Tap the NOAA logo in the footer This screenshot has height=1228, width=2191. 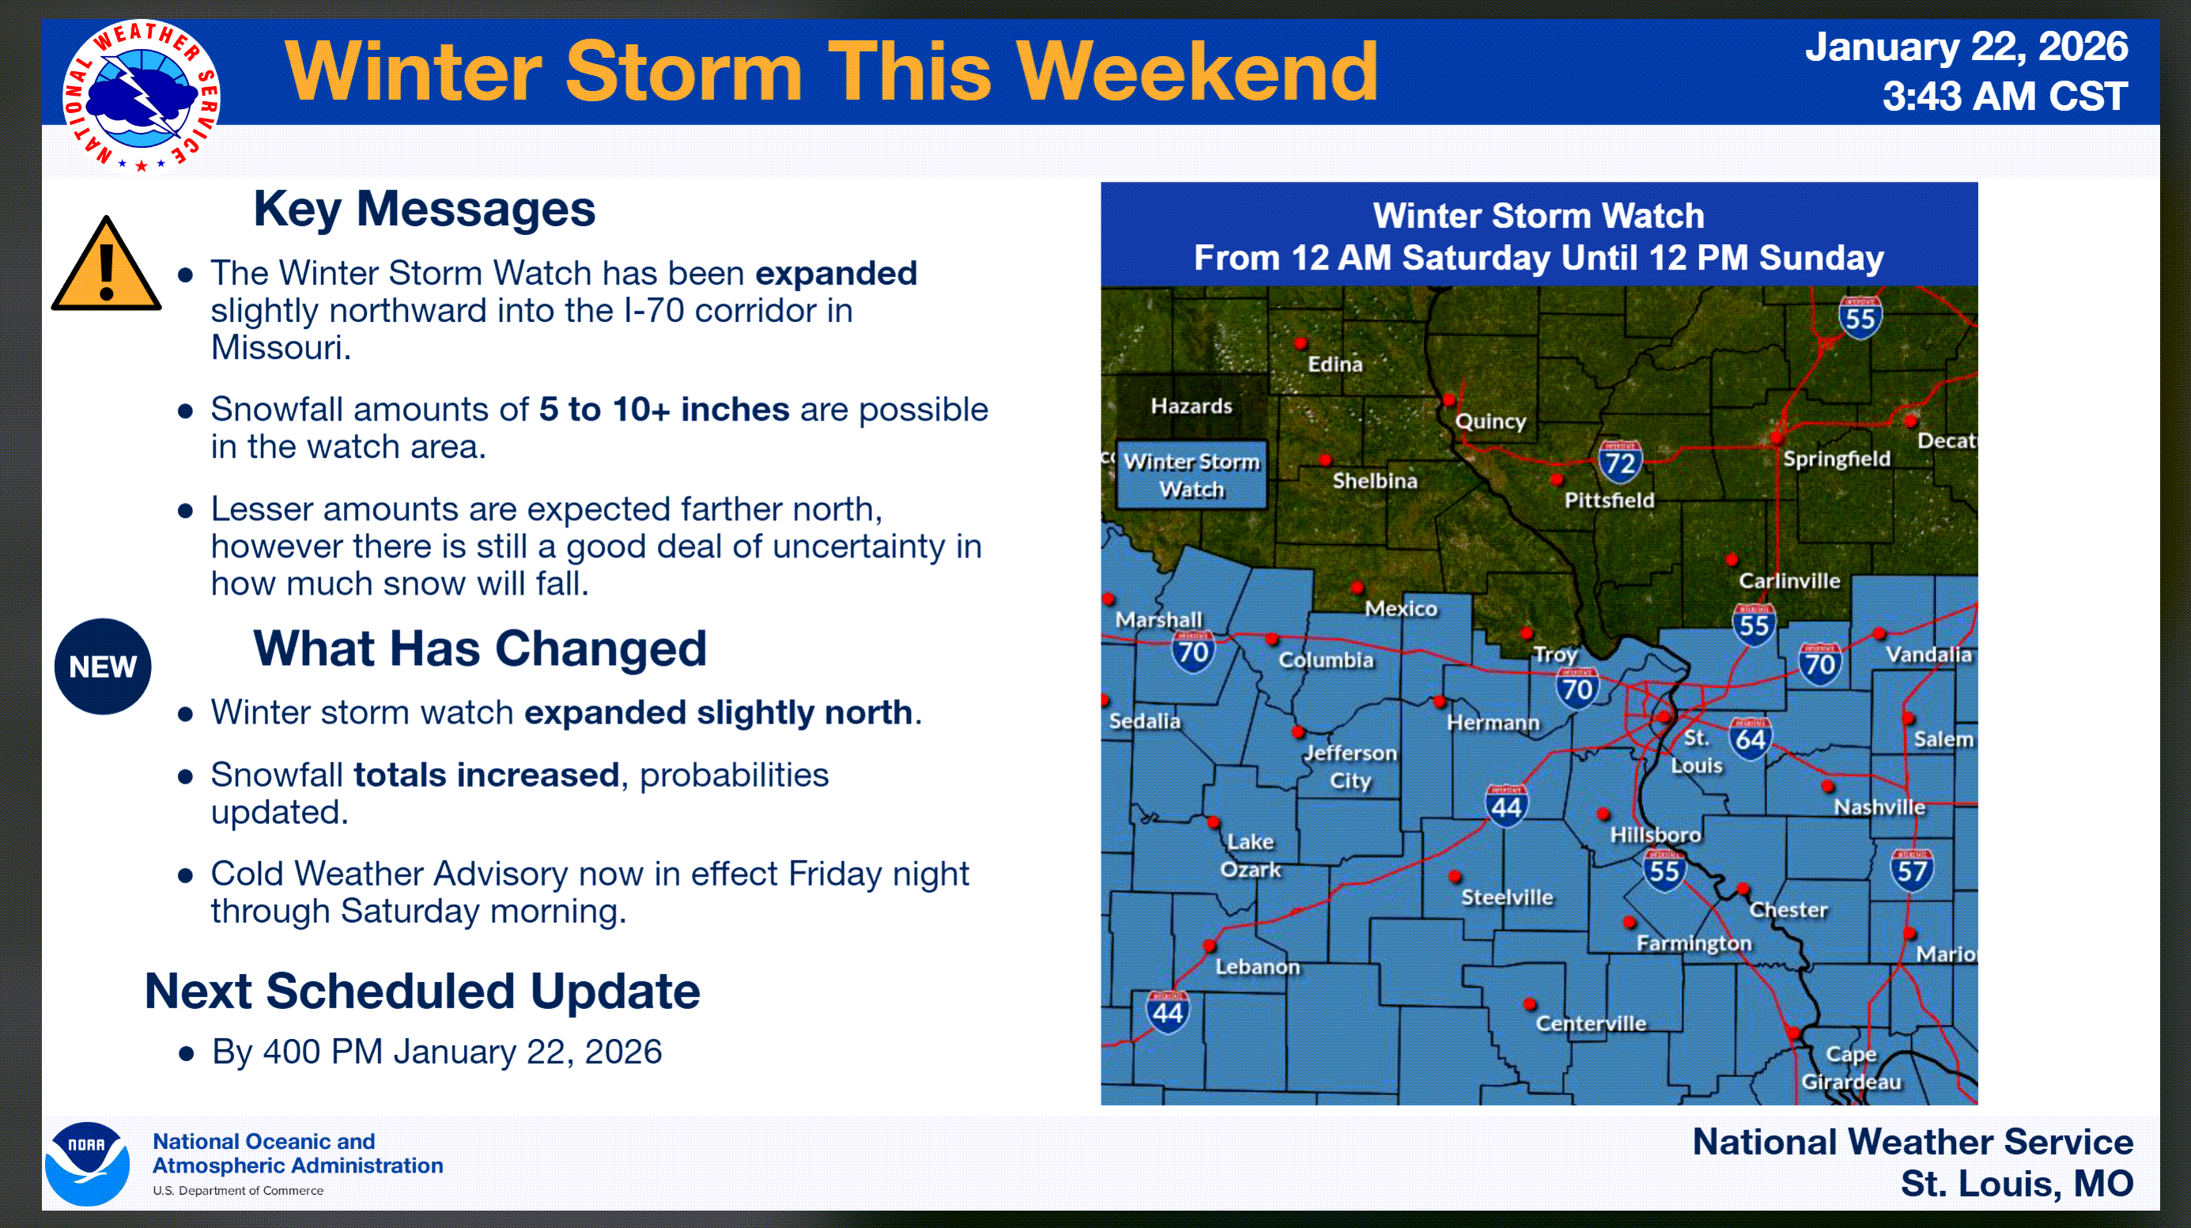[x=88, y=1163]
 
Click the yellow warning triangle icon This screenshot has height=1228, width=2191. [x=106, y=263]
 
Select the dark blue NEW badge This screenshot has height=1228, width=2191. [x=103, y=667]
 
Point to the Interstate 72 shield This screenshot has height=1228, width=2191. [x=1619, y=462]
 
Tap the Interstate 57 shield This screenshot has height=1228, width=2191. [x=1912, y=870]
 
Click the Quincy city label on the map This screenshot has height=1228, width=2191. [x=1490, y=421]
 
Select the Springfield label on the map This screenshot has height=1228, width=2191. [x=1836, y=459]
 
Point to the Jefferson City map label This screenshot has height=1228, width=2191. [x=1350, y=766]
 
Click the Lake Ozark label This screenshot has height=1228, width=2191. [x=1250, y=856]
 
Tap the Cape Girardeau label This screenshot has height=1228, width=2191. [x=1851, y=1068]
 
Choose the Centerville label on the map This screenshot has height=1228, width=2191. [x=1591, y=1023]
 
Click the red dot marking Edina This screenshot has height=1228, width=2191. [x=1301, y=343]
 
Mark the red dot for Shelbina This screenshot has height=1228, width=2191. [x=1325, y=460]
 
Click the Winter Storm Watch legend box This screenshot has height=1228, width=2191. [x=1191, y=474]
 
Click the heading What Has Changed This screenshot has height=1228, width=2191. [x=480, y=649]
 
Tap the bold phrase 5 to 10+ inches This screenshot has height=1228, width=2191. [x=664, y=410]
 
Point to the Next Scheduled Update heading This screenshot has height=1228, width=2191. [x=422, y=992]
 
